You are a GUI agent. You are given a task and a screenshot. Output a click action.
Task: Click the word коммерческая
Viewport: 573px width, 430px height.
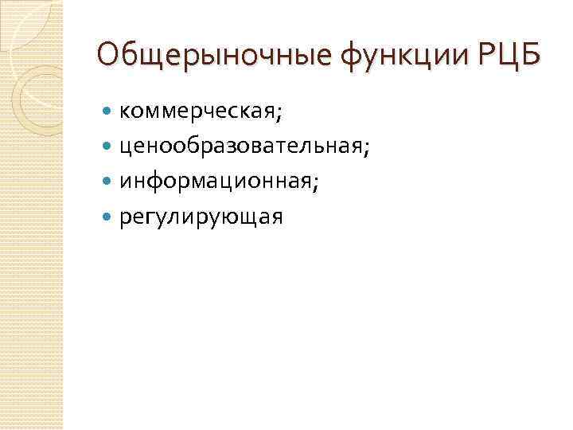point(197,114)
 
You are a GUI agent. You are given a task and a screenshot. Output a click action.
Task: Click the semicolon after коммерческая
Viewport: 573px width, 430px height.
point(279,115)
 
